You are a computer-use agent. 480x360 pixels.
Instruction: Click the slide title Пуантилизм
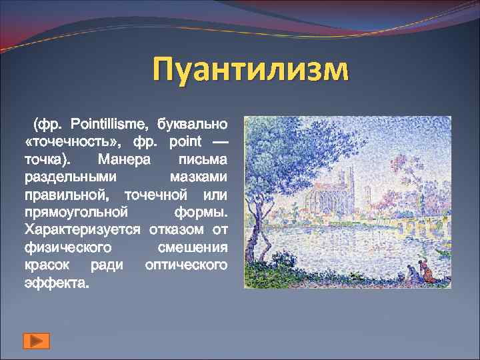coord(250,70)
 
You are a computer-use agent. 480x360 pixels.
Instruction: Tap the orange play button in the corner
coord(36,341)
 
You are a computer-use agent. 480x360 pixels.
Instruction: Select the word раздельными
coord(71,177)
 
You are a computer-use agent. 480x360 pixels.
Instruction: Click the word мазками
coord(199,177)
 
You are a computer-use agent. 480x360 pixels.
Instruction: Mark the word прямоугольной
coord(75,213)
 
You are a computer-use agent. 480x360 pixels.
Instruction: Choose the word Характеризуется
coord(82,230)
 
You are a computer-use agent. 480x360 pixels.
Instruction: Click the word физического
coord(67,247)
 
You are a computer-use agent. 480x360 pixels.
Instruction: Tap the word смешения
coord(193,247)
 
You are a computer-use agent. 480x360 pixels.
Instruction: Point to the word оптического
coord(186,265)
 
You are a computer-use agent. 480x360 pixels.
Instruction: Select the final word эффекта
coord(56,283)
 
